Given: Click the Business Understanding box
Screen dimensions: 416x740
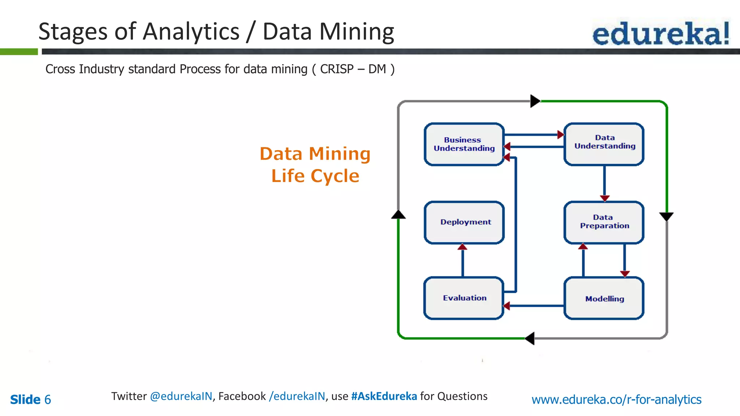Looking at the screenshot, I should (464, 144).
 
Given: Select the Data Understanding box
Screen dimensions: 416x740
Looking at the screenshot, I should (604, 144).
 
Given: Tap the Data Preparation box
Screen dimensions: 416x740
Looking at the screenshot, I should (604, 222).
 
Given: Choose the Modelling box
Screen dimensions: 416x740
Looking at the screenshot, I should (604, 298).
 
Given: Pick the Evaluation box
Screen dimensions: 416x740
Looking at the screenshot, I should (464, 298).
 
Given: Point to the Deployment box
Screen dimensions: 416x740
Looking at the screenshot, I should (464, 222).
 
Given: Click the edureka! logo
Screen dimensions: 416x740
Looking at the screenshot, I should (661, 33).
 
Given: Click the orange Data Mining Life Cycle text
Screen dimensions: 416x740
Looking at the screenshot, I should (315, 165).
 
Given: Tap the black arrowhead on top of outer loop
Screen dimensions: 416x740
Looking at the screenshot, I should (535, 101).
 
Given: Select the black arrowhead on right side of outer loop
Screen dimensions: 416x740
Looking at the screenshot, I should (666, 216).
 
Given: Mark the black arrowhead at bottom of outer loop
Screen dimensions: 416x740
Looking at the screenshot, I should (530, 338).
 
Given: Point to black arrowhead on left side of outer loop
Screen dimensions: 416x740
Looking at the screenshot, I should (398, 215).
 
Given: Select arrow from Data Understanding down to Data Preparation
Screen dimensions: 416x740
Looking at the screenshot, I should (605, 182).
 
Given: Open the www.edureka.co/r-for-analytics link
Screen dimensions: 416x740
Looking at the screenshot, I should (616, 399).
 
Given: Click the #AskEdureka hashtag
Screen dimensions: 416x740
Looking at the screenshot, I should (384, 396).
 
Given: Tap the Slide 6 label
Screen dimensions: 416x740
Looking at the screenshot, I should (30, 399).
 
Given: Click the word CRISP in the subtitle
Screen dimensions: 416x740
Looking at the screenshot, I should (337, 69).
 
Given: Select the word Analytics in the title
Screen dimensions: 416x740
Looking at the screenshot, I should (191, 32).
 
